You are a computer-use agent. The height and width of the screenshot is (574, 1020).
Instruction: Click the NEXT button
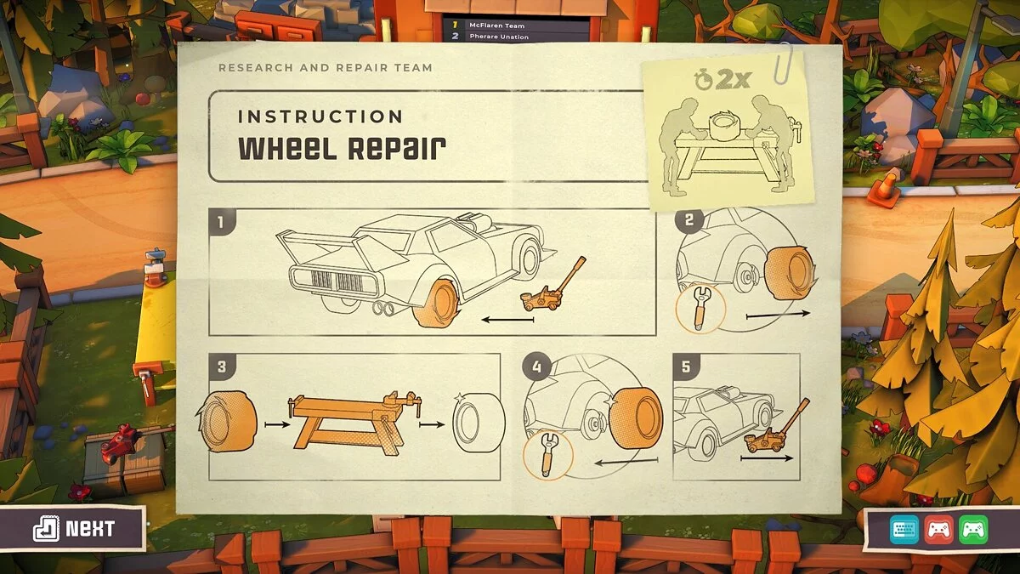(x=74, y=529)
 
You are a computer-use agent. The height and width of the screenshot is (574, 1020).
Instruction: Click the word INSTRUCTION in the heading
(x=320, y=117)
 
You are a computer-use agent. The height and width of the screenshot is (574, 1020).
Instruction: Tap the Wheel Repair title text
(x=341, y=148)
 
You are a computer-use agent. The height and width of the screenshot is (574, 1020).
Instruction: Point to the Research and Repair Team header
(x=325, y=67)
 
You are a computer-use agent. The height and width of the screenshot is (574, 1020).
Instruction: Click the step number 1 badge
(x=221, y=224)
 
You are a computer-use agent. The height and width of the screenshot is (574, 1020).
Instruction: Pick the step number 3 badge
(x=221, y=367)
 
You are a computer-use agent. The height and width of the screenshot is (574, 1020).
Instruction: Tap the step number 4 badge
(x=536, y=367)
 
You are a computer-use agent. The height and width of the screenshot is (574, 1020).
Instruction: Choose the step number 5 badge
(x=686, y=367)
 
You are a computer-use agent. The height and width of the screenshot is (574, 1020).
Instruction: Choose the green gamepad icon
(x=972, y=531)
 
